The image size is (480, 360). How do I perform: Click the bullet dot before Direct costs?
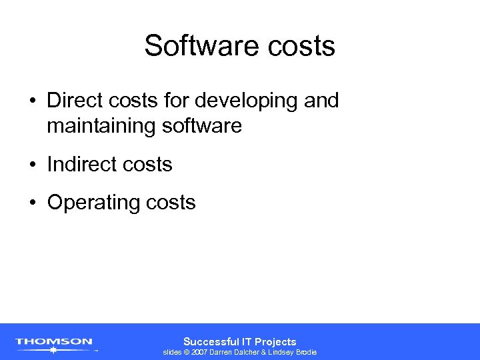coord(33,101)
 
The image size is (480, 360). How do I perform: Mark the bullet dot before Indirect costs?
coord(33,165)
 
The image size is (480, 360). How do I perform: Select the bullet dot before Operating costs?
coord(33,203)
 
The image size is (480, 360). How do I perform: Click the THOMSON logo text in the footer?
coord(54,341)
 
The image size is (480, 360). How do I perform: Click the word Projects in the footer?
coord(275,341)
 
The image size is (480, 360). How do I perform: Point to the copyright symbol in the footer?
coord(187,352)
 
